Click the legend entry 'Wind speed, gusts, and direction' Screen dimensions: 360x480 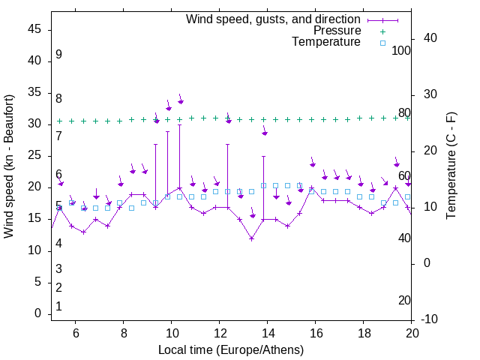pos(273,19)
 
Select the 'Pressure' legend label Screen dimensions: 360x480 pos(337,31)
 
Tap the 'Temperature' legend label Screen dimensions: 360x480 pos(326,42)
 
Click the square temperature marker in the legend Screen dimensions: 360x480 pos(382,43)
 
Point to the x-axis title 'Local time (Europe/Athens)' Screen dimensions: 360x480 pos(231,349)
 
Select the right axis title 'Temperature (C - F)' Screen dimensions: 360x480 pos(451,166)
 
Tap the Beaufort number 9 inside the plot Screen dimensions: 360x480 pos(58,55)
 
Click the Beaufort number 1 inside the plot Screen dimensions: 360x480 pos(58,307)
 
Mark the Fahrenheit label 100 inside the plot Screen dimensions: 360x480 pos(401,50)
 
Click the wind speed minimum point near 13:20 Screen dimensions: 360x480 pos(252,238)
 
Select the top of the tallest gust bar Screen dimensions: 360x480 pos(180,124)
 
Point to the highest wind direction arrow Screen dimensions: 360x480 pos(181,100)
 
